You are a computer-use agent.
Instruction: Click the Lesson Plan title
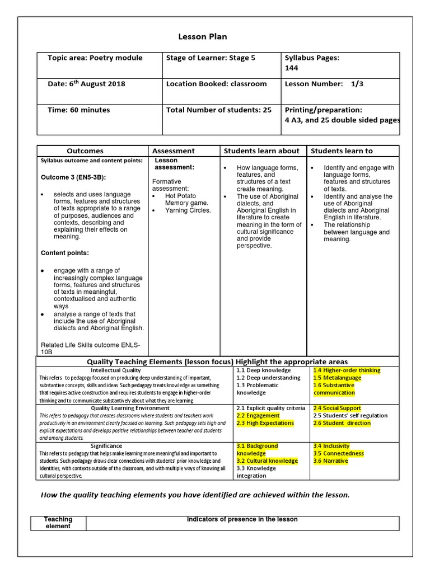[x=203, y=37]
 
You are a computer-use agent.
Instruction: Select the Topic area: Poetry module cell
[x=95, y=58]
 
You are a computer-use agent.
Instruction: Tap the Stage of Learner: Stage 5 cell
[x=211, y=58]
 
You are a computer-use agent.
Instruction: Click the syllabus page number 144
[x=292, y=68]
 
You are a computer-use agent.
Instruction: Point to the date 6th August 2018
[x=86, y=84]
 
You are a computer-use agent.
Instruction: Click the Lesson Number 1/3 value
[x=357, y=84]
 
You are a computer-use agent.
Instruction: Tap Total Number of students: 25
[x=218, y=110]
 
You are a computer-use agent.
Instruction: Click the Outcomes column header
[x=85, y=151]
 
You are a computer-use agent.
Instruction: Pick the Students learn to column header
[x=342, y=151]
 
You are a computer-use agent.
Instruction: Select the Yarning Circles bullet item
[x=188, y=210]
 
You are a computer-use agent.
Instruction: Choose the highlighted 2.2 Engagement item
[x=258, y=416]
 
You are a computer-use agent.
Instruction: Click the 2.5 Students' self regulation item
[x=350, y=416]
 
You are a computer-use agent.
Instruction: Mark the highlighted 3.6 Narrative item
[x=330, y=461]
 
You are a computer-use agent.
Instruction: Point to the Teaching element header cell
[x=58, y=523]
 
